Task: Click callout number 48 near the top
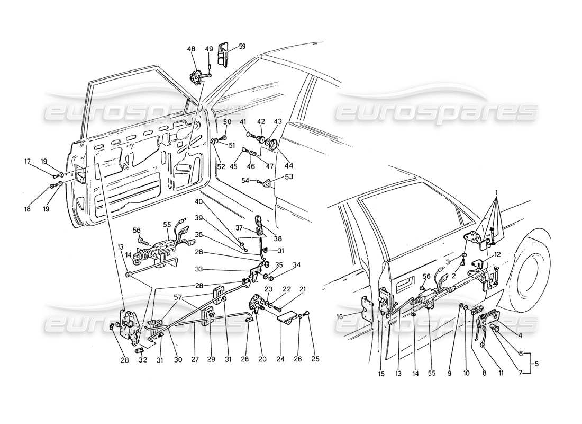(x=191, y=49)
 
